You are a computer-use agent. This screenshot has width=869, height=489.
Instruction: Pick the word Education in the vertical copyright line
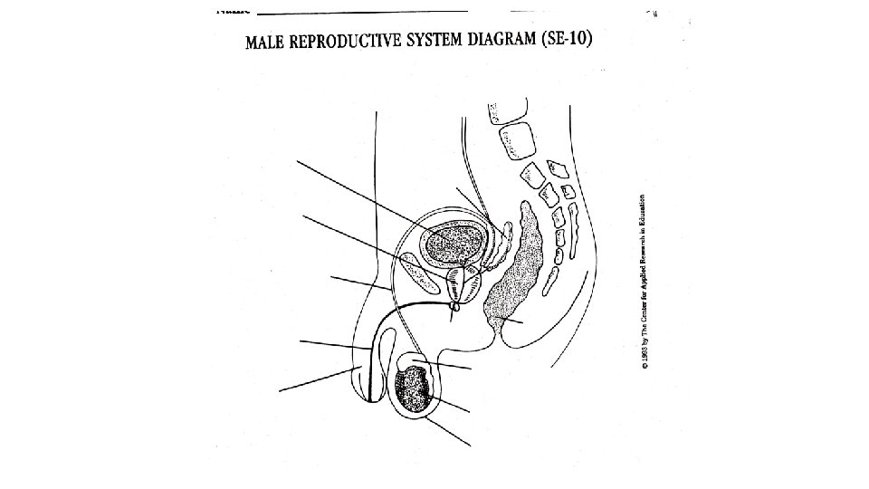pyautogui.click(x=643, y=214)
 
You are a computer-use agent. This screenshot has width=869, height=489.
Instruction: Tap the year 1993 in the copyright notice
pyautogui.click(x=643, y=363)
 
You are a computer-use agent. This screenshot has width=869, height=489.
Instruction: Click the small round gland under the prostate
pyautogui.click(x=456, y=309)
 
